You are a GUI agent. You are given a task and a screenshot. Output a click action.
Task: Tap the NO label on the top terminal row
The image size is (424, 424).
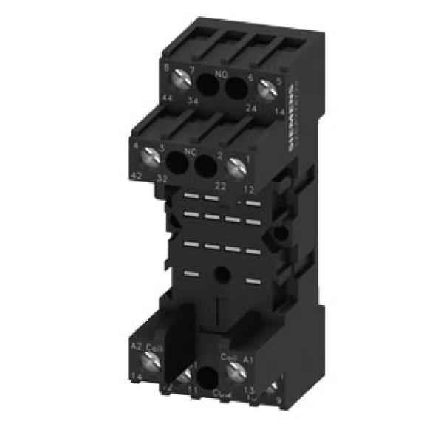pyautogui.click(x=219, y=75)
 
